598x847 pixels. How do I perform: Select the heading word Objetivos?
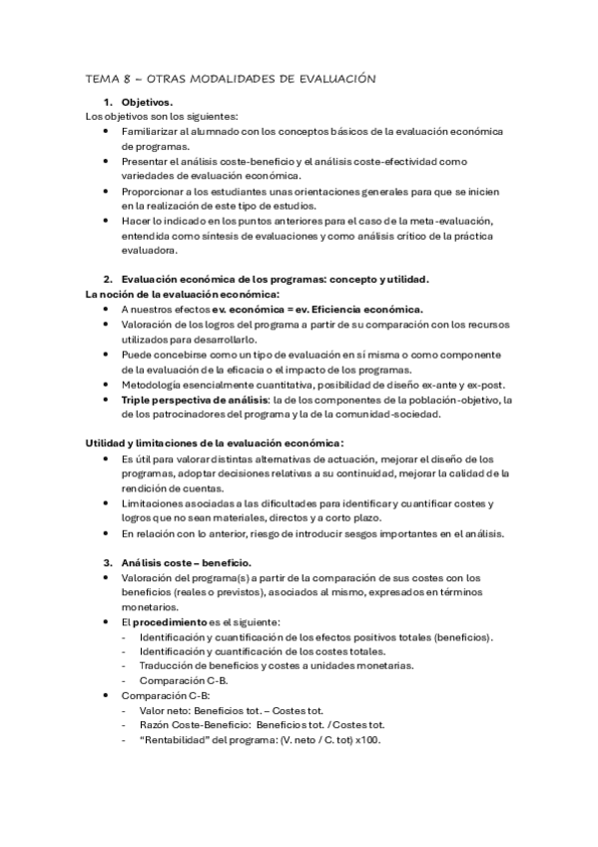(147, 103)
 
